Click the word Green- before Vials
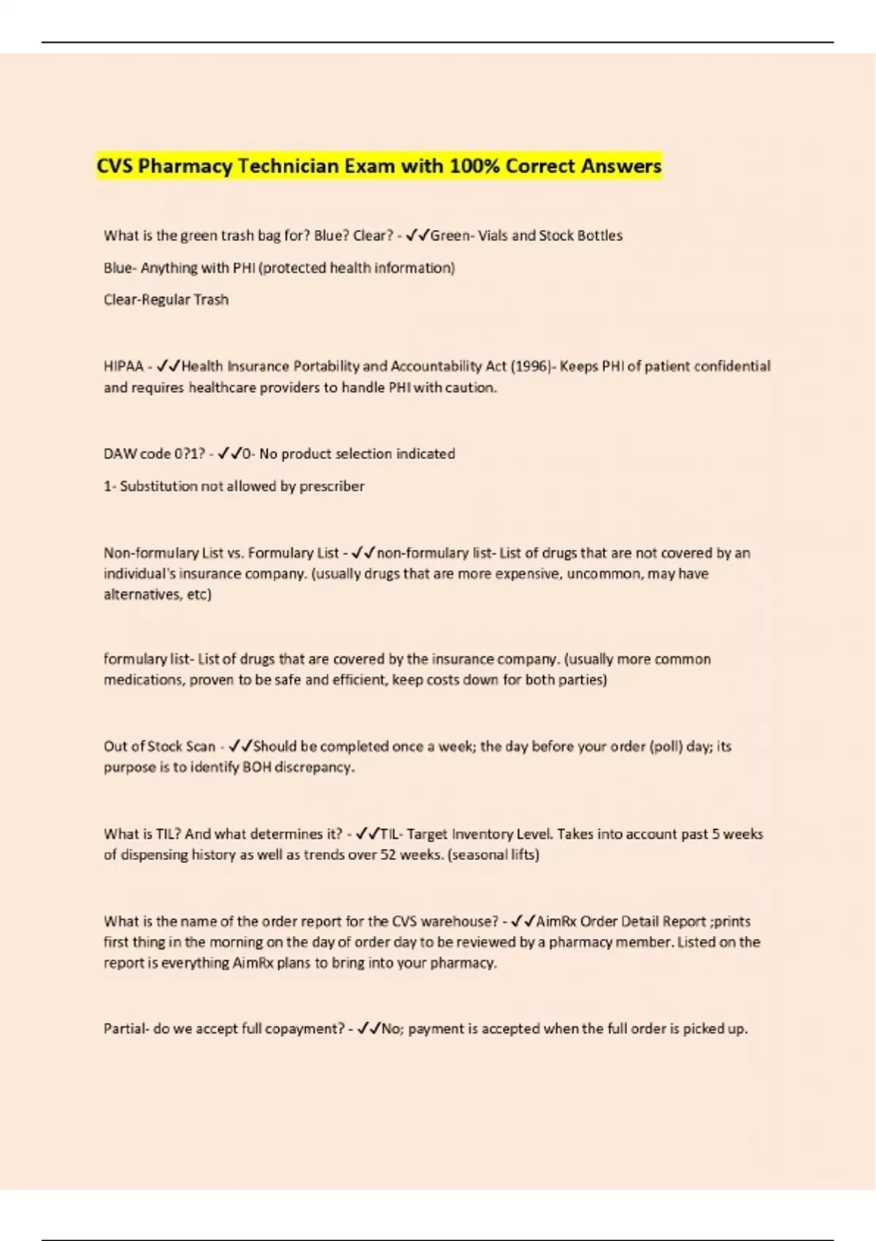click(453, 236)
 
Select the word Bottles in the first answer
click(599, 236)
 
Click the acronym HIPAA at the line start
click(123, 366)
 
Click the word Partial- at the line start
click(126, 1029)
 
